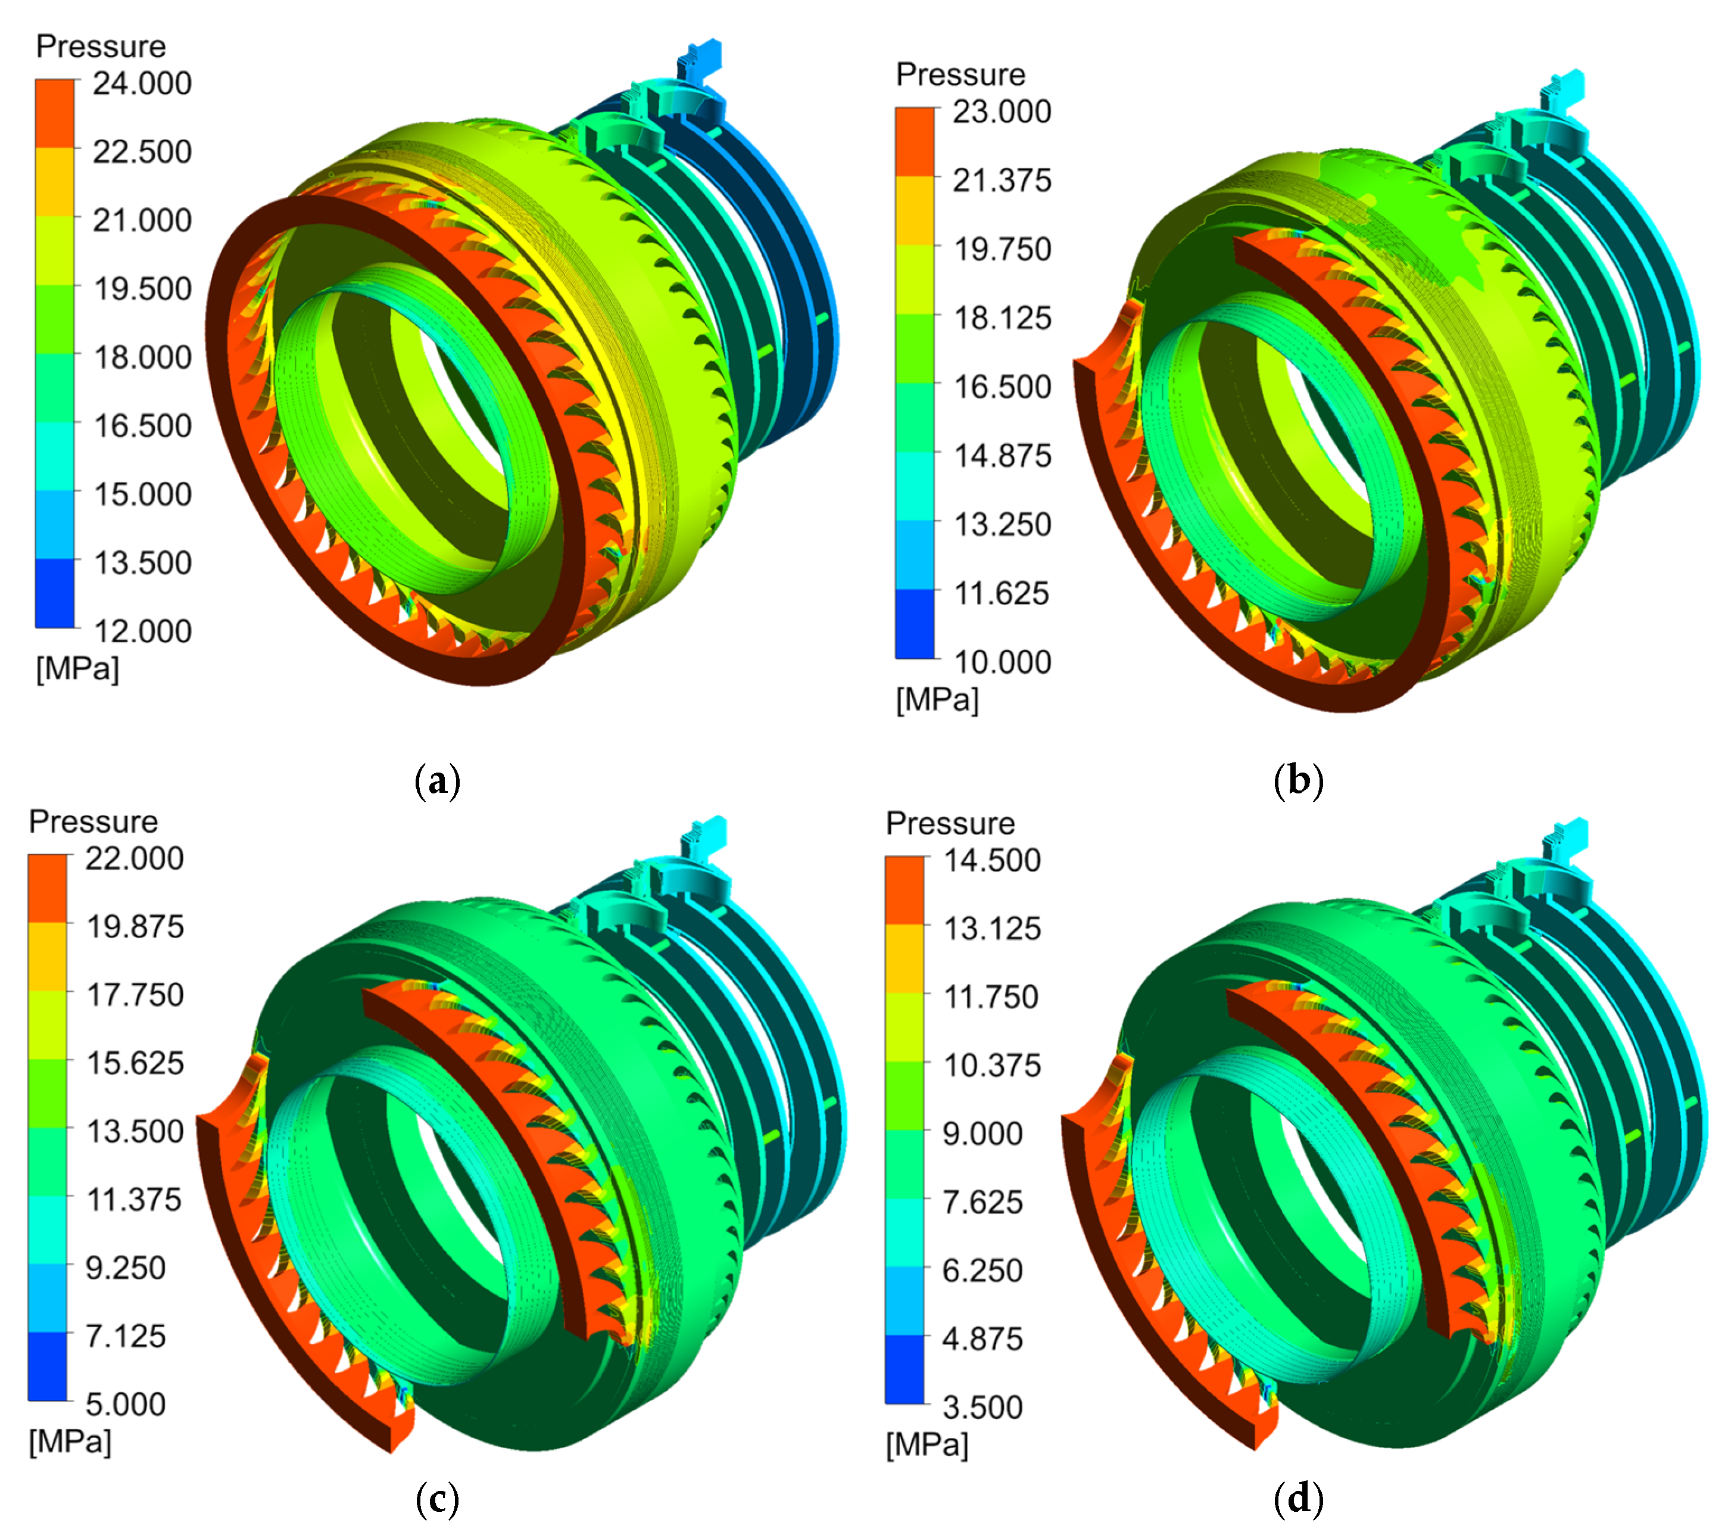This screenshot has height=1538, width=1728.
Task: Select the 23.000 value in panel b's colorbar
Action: pos(1001,111)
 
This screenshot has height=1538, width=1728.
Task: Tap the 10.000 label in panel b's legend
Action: pos(1002,662)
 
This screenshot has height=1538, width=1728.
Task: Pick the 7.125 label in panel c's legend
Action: pos(125,1336)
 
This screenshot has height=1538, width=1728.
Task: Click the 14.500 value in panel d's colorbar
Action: pos(991,860)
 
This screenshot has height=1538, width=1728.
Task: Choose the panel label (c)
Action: pos(438,1499)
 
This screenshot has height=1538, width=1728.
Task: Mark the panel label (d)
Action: pos(1297,1499)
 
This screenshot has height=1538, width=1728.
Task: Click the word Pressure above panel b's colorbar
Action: pos(960,74)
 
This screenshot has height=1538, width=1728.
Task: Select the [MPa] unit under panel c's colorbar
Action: pos(70,1442)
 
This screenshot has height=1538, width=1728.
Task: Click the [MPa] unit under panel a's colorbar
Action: pos(77,669)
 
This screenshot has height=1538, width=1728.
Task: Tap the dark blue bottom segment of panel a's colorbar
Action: pos(54,593)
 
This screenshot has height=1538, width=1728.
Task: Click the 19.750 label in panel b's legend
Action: pos(1002,250)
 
